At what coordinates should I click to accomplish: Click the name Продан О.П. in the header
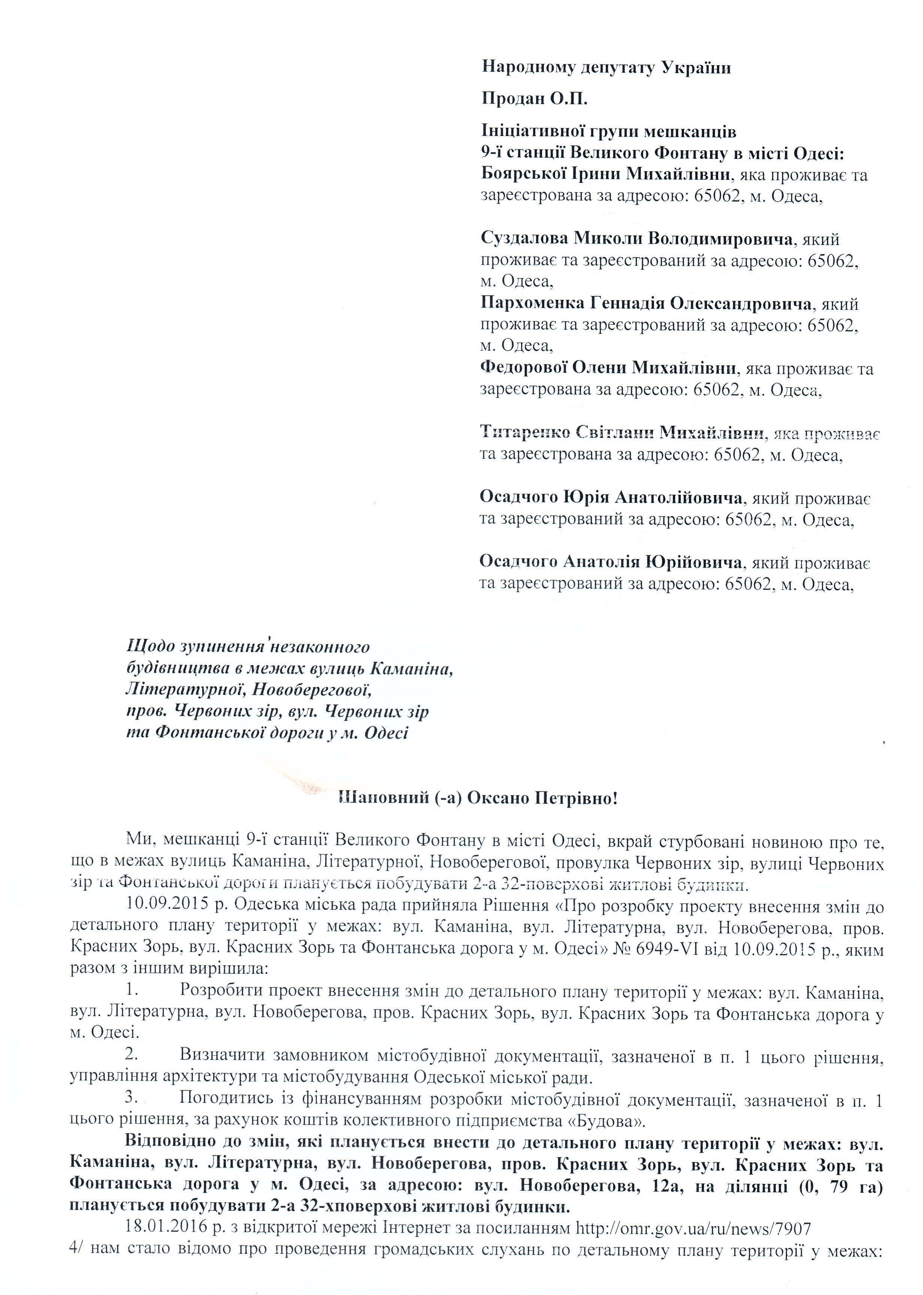[534, 99]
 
